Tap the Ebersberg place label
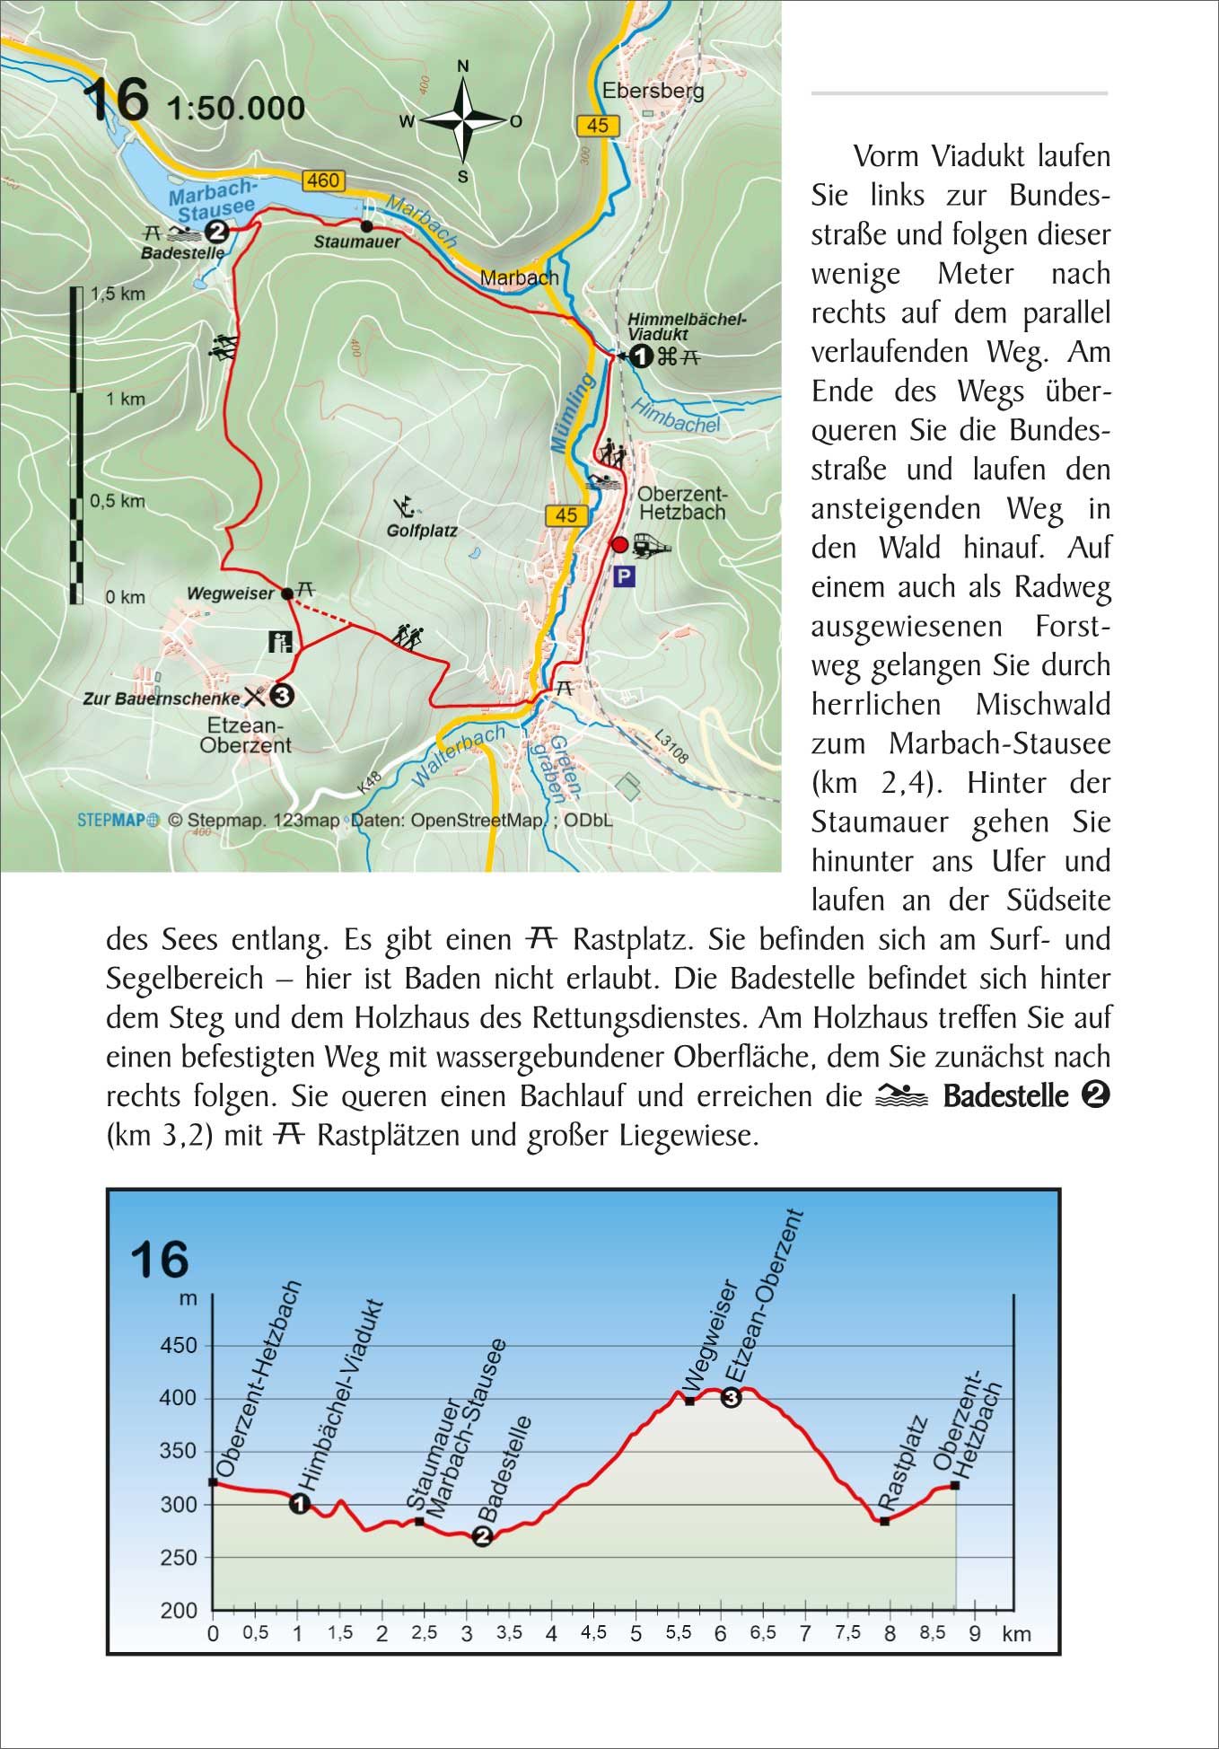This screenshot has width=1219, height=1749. click(653, 91)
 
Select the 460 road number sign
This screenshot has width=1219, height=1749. click(322, 180)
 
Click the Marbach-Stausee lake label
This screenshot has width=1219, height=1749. click(213, 199)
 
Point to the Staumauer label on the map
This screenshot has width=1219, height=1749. click(356, 242)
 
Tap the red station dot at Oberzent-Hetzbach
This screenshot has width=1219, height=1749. click(619, 545)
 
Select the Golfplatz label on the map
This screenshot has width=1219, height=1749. click(421, 531)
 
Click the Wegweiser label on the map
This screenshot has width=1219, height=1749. click(230, 593)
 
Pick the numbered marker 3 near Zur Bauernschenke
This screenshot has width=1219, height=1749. click(282, 695)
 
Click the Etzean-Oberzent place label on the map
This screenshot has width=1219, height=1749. click(245, 735)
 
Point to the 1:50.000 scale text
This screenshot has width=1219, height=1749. click(236, 109)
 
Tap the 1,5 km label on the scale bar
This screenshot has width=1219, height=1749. click(118, 294)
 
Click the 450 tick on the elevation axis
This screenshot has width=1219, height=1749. click(178, 1345)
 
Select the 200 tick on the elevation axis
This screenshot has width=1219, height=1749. click(178, 1610)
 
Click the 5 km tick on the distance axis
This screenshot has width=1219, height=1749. click(636, 1633)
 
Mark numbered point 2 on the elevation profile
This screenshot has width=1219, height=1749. click(482, 1536)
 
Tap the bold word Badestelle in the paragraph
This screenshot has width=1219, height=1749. click(1005, 1096)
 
